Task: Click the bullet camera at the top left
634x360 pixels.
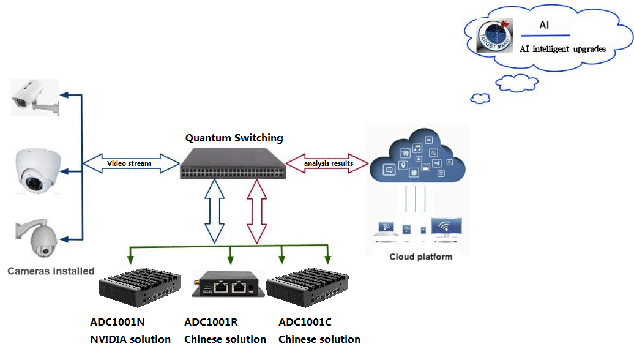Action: (x=35, y=97)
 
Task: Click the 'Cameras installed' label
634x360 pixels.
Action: (x=51, y=271)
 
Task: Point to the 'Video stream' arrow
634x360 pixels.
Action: (x=129, y=163)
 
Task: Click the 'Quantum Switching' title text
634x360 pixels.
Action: (x=234, y=138)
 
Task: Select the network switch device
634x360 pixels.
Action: (x=233, y=163)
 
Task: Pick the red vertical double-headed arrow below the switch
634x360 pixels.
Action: (x=256, y=211)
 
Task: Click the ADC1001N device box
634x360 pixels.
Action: (x=140, y=288)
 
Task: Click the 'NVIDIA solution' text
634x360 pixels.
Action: (x=130, y=339)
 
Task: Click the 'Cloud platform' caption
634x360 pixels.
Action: (x=421, y=257)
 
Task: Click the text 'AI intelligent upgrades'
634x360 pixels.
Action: (x=562, y=49)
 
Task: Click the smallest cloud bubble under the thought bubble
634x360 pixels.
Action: (x=480, y=98)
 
